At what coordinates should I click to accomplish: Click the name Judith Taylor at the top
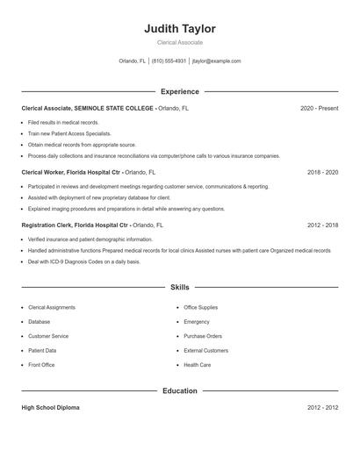click(x=179, y=29)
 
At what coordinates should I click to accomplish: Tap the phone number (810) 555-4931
click(x=169, y=61)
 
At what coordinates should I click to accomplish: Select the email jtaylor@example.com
click(x=216, y=61)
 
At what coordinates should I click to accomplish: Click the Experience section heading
click(x=179, y=91)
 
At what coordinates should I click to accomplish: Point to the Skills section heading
click(x=179, y=287)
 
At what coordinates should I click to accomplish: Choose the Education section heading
click(x=179, y=390)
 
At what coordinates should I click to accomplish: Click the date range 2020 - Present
click(x=319, y=109)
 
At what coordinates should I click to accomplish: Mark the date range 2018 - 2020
click(x=322, y=173)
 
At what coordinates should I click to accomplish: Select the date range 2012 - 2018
click(x=322, y=225)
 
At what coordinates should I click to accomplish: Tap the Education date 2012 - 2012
click(x=322, y=408)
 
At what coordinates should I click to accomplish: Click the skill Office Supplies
click(x=202, y=308)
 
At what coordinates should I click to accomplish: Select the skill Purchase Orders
click(x=203, y=336)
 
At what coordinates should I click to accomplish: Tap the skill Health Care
click(x=197, y=364)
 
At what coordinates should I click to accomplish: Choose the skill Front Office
click(x=41, y=364)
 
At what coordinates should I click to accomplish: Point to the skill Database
click(x=40, y=322)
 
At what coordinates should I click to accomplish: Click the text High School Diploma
click(x=52, y=408)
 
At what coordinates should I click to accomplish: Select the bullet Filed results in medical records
click(x=63, y=123)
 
